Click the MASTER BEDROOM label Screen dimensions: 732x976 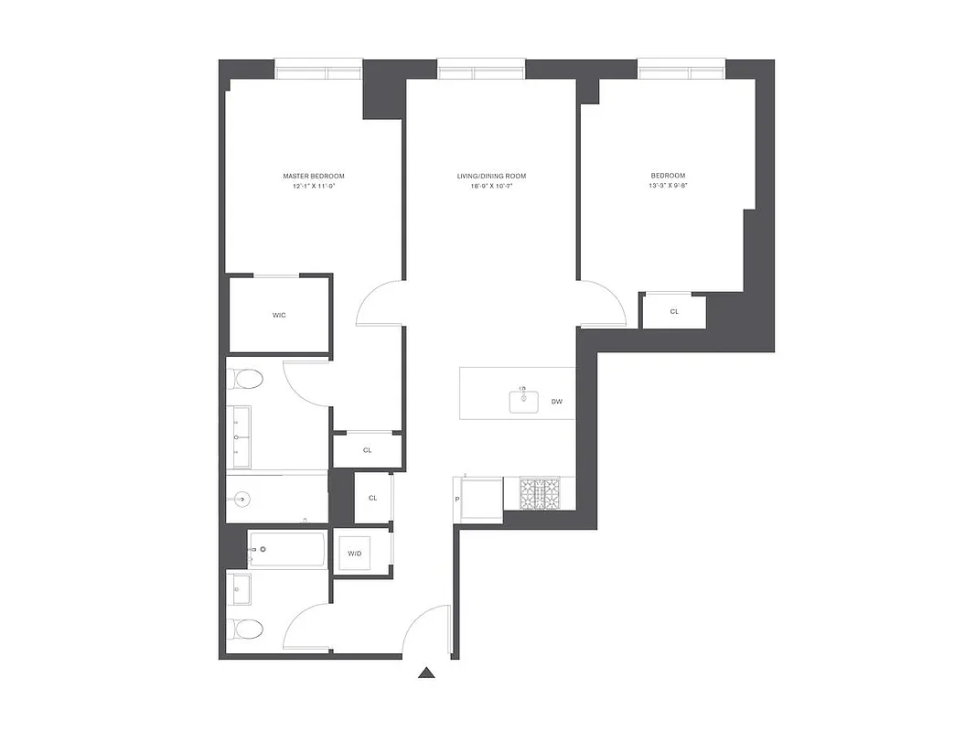coord(314,176)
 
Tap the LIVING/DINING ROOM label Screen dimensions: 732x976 coord(491,176)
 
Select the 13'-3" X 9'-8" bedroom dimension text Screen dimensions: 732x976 coord(668,186)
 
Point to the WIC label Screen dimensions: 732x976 coord(279,315)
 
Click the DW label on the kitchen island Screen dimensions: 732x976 coord(556,401)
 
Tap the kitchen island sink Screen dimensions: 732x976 coord(524,401)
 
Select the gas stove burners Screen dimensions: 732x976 coord(540,494)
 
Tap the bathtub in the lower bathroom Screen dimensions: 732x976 coord(286,550)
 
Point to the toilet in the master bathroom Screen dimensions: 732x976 coord(246,378)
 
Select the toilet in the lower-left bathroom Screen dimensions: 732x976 coord(246,629)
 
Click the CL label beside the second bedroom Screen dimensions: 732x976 coord(674,311)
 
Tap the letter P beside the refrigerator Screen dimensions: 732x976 coord(456,499)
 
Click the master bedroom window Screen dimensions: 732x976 coord(319,70)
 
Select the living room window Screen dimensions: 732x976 coord(481,70)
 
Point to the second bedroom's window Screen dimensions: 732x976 coord(681,70)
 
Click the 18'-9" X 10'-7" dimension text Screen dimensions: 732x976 coord(491,186)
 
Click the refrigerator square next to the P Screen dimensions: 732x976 coord(482,499)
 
